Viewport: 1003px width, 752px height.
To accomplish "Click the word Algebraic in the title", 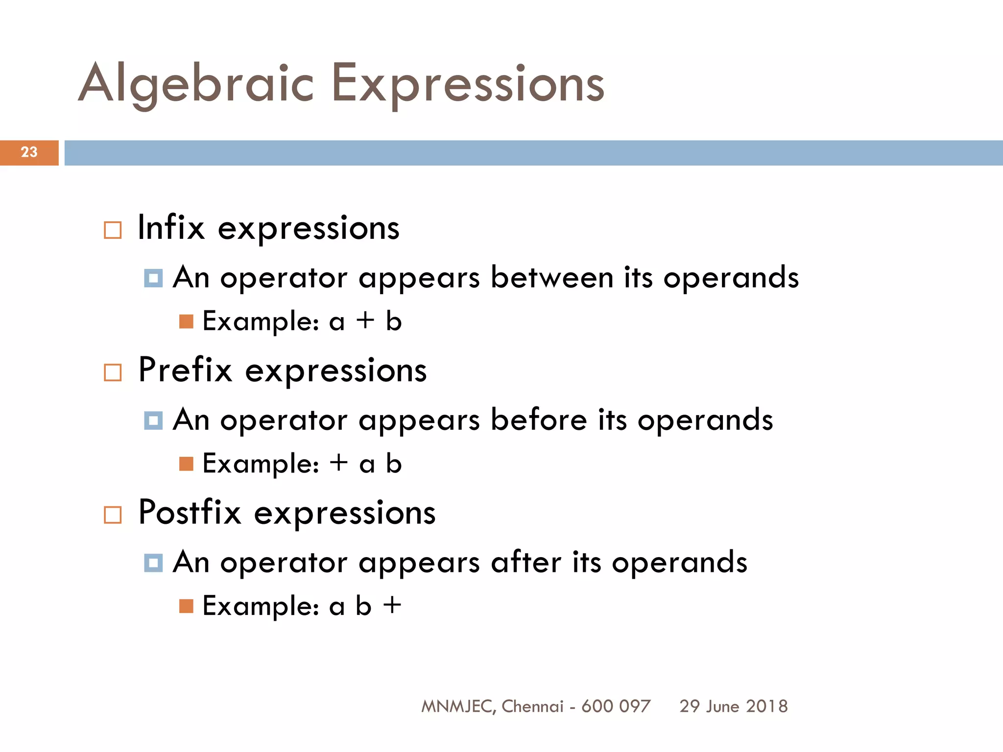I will [196, 84].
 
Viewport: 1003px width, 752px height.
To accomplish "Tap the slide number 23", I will [29, 152].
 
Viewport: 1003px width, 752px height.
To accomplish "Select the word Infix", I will [171, 228].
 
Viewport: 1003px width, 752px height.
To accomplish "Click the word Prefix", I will [185, 370].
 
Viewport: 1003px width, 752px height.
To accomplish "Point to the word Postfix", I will [190, 513].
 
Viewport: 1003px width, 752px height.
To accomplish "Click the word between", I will [552, 278].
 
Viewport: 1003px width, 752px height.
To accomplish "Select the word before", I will [539, 420].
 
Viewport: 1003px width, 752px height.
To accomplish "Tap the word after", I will [526, 562].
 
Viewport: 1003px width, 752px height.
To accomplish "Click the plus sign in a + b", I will [365, 322].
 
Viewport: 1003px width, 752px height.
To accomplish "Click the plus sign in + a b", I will [339, 463].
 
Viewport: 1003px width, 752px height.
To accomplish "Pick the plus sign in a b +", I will [392, 606].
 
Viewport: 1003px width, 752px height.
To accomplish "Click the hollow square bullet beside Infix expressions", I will [113, 230].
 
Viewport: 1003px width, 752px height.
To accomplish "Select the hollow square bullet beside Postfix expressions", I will [113, 515].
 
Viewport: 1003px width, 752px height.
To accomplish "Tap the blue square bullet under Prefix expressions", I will [153, 421].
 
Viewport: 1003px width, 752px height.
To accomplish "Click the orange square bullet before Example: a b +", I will [186, 606].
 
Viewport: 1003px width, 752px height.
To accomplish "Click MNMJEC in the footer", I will [457, 706].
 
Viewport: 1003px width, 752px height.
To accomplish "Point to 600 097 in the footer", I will [616, 706].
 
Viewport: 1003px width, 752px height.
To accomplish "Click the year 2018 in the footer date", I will [767, 706].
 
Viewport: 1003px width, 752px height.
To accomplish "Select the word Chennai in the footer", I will [532, 706].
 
